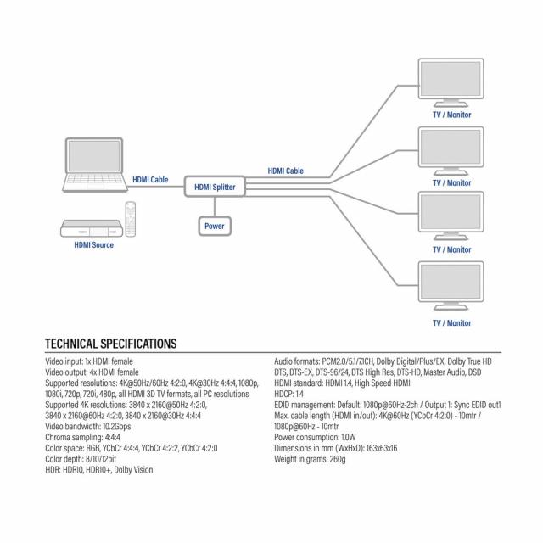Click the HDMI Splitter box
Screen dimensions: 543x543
(x=215, y=187)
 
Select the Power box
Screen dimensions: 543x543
(x=214, y=227)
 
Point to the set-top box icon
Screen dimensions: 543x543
(x=90, y=227)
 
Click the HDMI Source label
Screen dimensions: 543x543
(x=92, y=245)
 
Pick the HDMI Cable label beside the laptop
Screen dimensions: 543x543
(x=150, y=180)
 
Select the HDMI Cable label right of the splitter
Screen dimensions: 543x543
(x=285, y=171)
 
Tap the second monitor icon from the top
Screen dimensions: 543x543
(x=451, y=150)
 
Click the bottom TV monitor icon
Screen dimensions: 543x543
(x=451, y=288)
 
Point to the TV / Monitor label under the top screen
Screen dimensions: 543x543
(x=451, y=115)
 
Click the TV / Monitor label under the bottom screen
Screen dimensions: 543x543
(x=451, y=323)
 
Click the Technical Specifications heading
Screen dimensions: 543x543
(x=110, y=344)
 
